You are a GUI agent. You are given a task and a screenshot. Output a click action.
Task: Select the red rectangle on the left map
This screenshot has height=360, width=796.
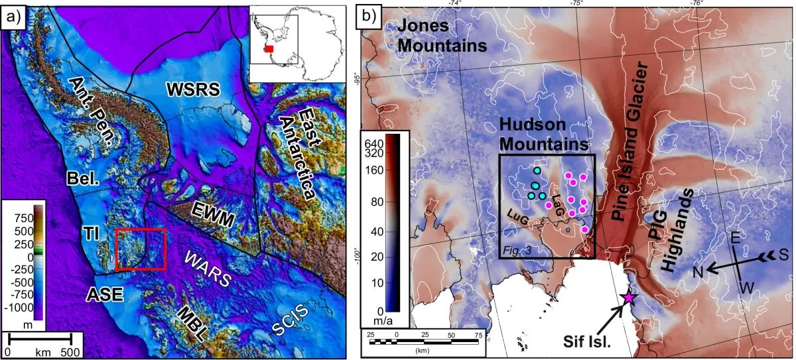[140, 249]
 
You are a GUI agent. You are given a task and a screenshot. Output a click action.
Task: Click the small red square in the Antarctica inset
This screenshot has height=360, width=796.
[269, 49]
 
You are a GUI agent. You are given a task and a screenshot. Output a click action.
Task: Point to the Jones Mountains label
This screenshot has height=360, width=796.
[442, 36]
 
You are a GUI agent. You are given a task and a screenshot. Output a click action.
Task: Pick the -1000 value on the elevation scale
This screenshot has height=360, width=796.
[20, 308]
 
